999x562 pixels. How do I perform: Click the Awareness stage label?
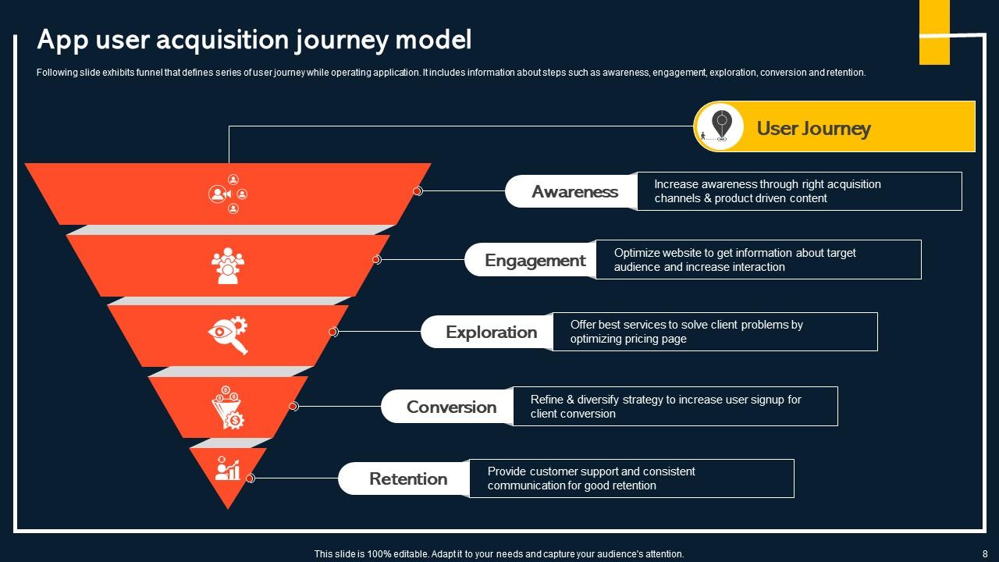click(x=574, y=192)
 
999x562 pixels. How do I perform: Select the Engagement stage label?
click(x=535, y=261)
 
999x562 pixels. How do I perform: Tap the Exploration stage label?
click(x=491, y=333)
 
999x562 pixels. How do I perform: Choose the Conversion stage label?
click(x=451, y=407)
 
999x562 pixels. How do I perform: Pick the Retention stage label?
click(x=408, y=479)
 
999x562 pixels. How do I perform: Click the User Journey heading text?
click(x=813, y=129)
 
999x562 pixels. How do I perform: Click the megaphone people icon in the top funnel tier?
click(x=228, y=194)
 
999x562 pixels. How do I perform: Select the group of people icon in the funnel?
click(x=228, y=265)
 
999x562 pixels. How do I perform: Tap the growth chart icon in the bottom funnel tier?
click(x=228, y=468)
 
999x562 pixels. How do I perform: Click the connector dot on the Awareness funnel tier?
click(x=418, y=191)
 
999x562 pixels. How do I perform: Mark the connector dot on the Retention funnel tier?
click(x=251, y=478)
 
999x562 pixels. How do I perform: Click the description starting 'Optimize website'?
click(x=734, y=260)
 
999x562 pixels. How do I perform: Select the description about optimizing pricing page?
click(x=686, y=332)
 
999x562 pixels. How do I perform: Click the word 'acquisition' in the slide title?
click(x=222, y=39)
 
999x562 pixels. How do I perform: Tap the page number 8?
click(x=984, y=553)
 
